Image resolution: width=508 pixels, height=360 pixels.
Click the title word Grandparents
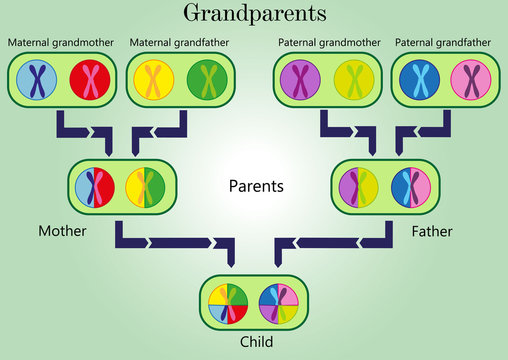(x=254, y=14)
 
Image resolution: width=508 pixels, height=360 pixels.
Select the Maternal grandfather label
(x=178, y=44)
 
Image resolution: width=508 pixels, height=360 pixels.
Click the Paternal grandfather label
(x=443, y=44)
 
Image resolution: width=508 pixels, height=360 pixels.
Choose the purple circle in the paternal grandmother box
(x=300, y=79)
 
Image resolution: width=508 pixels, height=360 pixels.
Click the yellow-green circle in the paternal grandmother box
(x=352, y=79)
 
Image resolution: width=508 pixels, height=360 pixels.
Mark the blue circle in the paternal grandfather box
(x=417, y=79)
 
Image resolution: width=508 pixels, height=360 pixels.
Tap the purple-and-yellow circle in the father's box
(x=359, y=185)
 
